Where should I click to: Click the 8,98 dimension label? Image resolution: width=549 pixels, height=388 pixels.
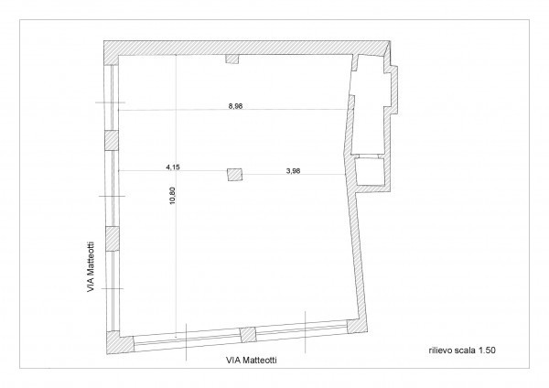tap(234, 106)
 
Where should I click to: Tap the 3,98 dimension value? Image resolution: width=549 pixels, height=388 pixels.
tap(294, 168)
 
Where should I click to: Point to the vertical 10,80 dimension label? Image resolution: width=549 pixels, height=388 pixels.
tap(171, 199)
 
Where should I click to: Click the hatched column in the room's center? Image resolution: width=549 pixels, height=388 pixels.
tap(235, 174)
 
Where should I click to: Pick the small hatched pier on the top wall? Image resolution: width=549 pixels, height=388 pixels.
tap(231, 59)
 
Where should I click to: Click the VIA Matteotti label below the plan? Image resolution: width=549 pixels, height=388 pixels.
tap(251, 361)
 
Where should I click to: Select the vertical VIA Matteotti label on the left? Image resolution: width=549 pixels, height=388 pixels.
tap(89, 265)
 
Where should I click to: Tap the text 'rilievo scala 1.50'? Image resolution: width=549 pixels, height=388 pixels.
tap(462, 349)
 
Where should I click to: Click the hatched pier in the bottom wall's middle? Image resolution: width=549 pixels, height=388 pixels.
tap(244, 332)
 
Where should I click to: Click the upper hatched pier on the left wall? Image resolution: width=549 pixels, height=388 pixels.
tap(111, 141)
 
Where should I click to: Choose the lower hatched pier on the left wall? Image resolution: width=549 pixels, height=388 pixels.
tap(111, 237)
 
